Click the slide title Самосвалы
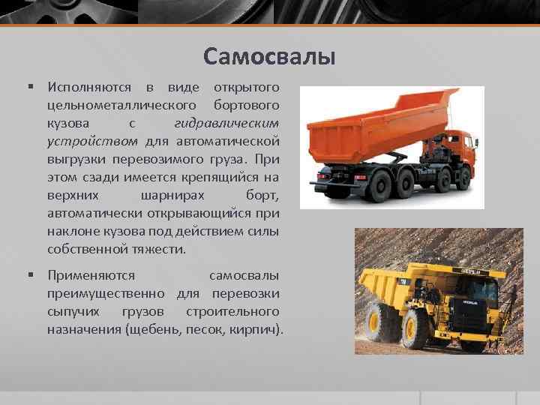point(269,56)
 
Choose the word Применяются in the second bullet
point(91,275)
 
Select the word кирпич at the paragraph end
point(256,329)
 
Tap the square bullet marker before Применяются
point(31,275)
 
